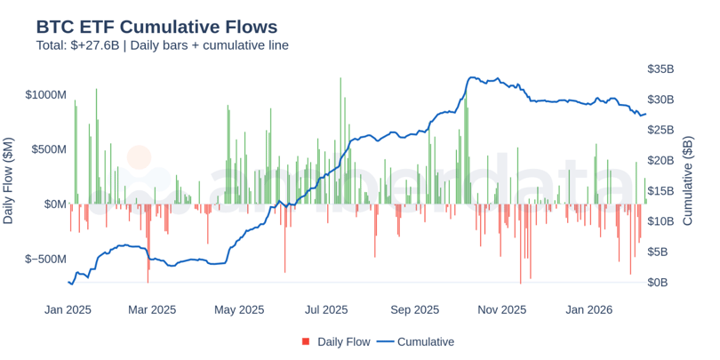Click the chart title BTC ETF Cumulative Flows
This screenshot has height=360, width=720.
[156, 27]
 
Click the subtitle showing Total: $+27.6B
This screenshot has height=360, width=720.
[162, 45]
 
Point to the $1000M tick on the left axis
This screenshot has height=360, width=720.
[46, 94]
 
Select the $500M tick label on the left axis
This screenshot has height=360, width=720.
[49, 149]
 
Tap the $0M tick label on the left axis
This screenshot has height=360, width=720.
[55, 204]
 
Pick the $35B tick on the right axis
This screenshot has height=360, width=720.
[660, 68]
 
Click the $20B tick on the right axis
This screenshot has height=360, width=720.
[660, 160]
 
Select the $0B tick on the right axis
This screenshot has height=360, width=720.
[657, 283]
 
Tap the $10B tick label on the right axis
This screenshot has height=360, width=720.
[660, 221]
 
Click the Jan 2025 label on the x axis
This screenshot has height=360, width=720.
[68, 310]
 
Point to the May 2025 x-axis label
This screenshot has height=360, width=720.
[239, 310]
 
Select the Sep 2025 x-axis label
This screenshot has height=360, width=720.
[415, 310]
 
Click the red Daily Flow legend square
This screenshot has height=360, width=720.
[306, 342]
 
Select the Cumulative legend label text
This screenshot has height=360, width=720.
[425, 342]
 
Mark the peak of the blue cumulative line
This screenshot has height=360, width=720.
[471, 77]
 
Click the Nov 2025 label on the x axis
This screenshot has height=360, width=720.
[502, 310]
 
